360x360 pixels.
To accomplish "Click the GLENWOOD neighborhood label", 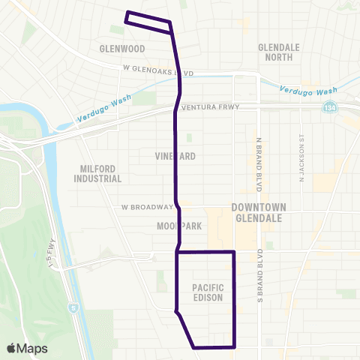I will click(x=121, y=49).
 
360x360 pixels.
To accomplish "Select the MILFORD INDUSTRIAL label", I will click(x=97, y=174).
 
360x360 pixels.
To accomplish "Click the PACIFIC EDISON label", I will click(x=208, y=292).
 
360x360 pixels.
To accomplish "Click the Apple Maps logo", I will click(x=27, y=348).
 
